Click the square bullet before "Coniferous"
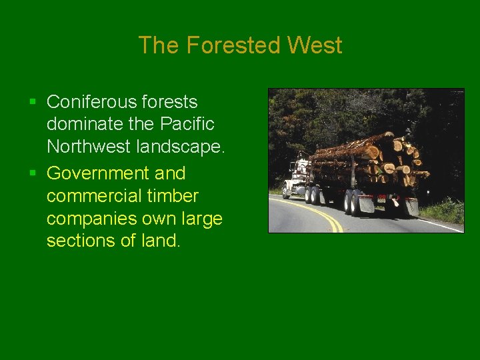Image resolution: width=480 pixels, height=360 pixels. [33, 103]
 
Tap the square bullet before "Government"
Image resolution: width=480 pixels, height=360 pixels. [33, 174]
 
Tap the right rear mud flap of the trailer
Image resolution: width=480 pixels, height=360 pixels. [411, 207]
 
